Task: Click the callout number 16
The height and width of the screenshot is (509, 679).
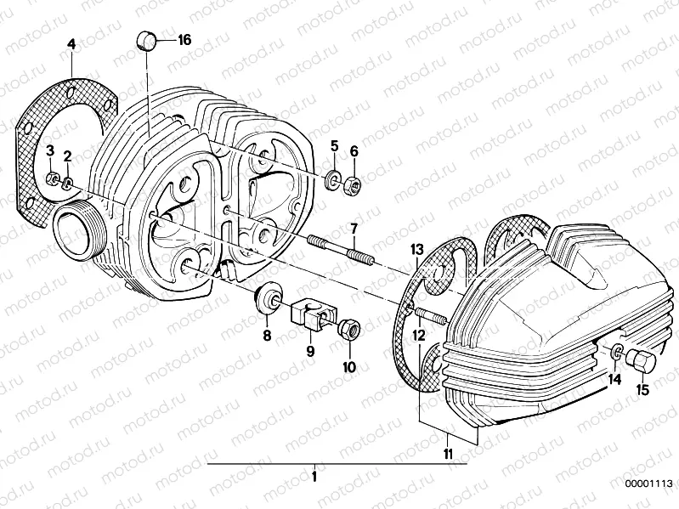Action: coord(184,41)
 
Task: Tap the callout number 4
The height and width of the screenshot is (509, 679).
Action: coord(71,42)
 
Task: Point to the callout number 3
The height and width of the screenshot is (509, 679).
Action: coord(50,150)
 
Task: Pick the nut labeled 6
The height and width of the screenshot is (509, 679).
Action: coord(355,179)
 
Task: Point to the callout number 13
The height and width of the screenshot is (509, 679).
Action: coord(416,249)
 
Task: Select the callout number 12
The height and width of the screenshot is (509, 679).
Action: coord(418,337)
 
